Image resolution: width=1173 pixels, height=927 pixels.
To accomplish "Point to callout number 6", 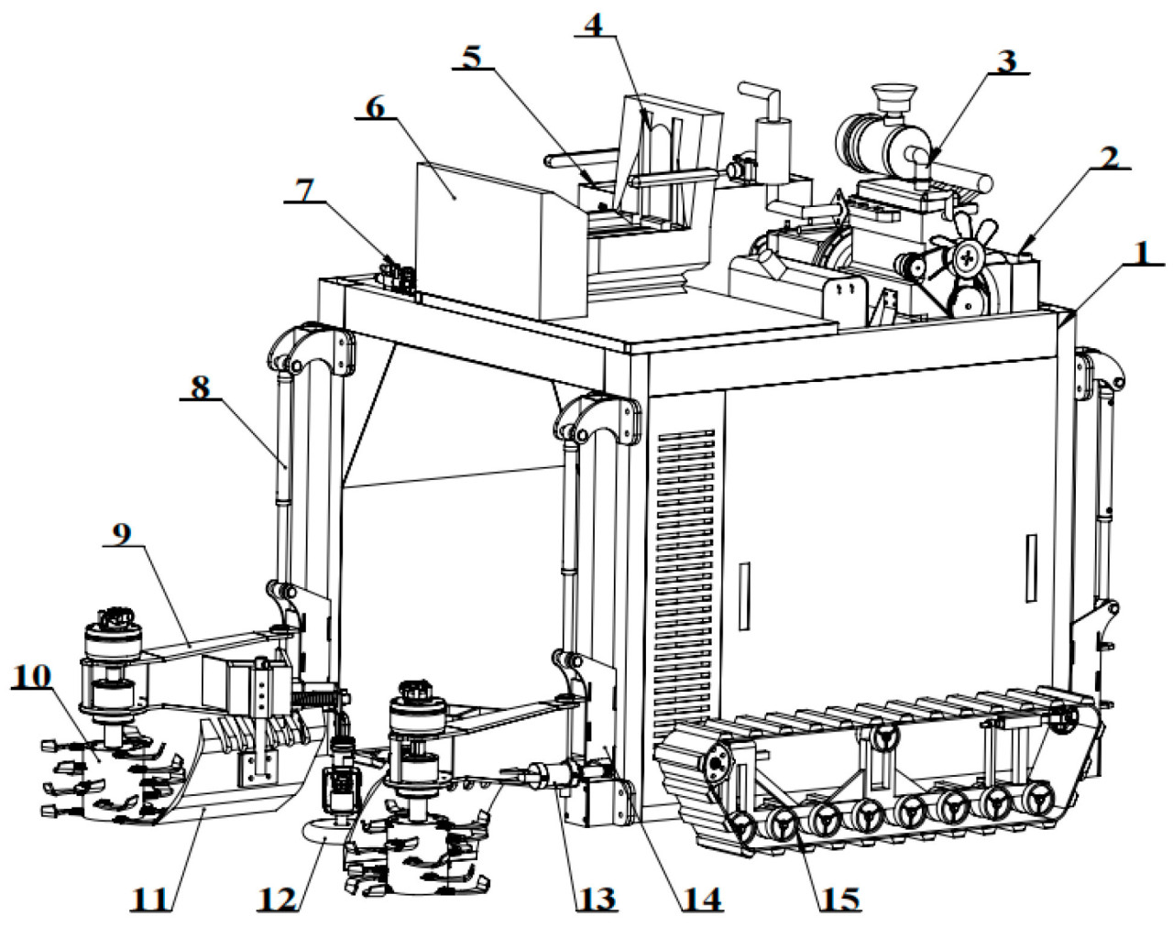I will point(376,106).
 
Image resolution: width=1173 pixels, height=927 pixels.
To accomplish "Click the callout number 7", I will point(303,190).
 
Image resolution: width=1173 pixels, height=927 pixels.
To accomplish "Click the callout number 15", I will point(839,899).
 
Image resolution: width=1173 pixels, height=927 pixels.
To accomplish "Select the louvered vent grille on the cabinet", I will point(685,568).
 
